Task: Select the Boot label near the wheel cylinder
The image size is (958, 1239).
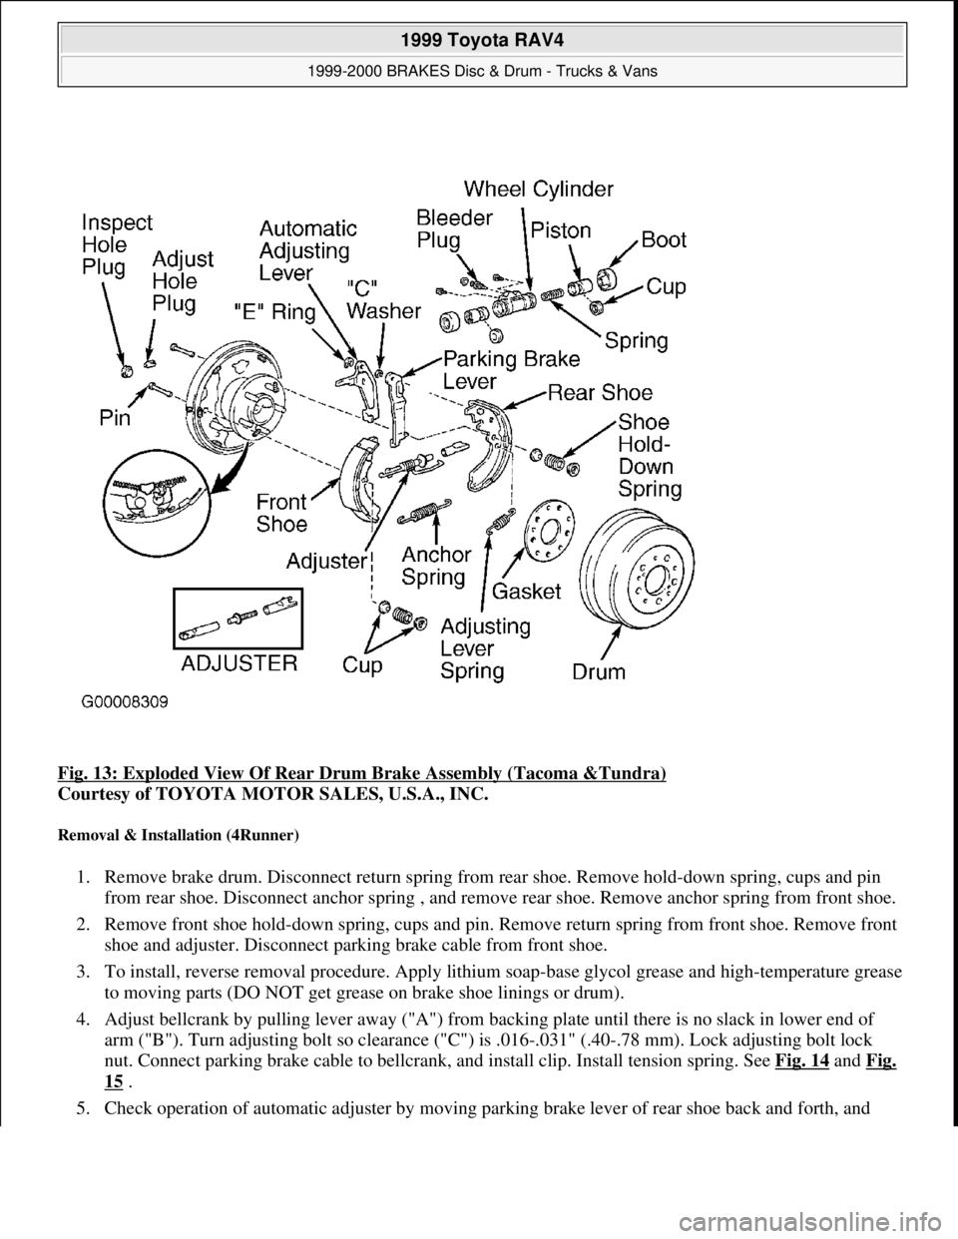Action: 664,240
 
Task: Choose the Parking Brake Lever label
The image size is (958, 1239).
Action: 489,371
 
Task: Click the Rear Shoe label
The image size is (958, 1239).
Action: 601,392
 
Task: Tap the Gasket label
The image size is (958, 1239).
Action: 528,593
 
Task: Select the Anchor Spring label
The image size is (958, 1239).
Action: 434,566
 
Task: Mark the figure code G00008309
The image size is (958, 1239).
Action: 125,702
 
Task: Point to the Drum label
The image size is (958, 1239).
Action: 599,671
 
